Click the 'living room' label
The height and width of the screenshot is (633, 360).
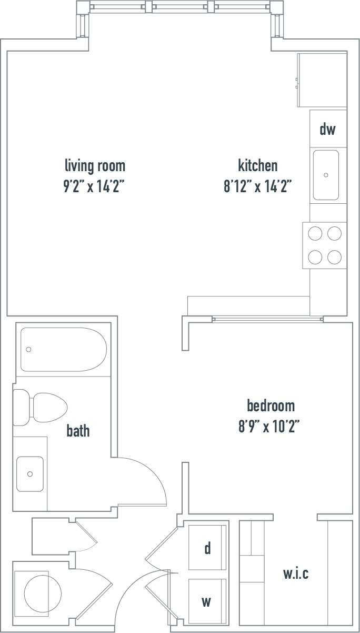pos(95,166)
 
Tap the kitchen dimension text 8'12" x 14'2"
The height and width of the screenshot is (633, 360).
pos(258,186)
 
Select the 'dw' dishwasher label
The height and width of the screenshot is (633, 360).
pos(327,129)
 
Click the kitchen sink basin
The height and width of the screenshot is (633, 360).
pos(326,175)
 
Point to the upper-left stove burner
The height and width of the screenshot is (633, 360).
pos(315,233)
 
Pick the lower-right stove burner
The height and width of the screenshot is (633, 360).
pos(334,256)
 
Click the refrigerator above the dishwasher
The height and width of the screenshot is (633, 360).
pos(322,80)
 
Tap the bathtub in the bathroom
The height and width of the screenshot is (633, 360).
pos(63,350)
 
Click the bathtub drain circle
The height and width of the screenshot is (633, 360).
pos(29,349)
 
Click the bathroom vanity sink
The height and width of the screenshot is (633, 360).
pos(29,473)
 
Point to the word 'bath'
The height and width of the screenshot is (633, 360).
pos(78,431)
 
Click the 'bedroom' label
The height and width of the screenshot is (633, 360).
pos(271,406)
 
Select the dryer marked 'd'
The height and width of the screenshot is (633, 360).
pos(207,548)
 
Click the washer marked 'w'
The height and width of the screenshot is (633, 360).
pos(207,601)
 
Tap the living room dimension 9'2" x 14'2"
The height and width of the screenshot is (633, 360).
pos(95,186)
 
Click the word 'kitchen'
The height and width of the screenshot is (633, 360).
pos(258,166)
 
